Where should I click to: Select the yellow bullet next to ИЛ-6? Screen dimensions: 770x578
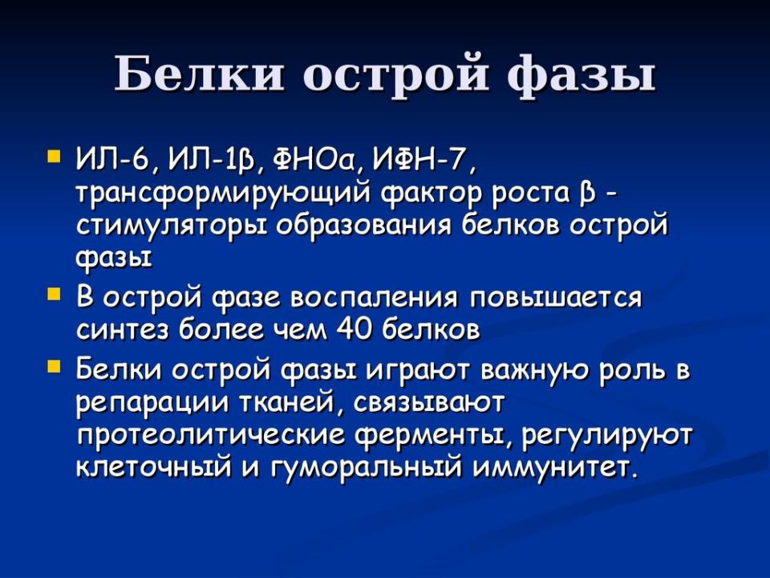53,156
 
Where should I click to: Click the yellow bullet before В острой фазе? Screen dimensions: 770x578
53,294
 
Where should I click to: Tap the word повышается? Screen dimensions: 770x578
556,298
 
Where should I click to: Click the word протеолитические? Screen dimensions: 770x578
210,436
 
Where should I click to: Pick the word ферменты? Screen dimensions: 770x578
435,436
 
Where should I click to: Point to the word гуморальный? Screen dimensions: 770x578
367,467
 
